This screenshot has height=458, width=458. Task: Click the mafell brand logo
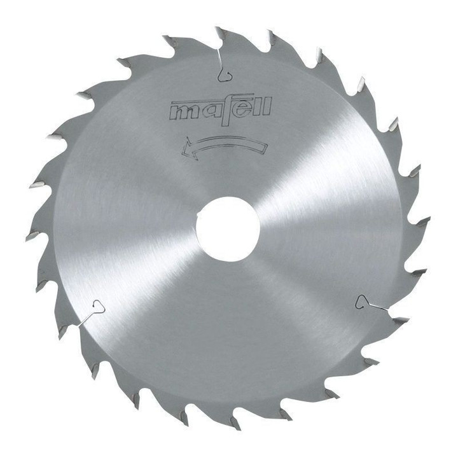[x=221, y=110]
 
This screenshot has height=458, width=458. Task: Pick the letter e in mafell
[x=245, y=109]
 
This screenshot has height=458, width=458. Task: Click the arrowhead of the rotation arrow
[x=189, y=148]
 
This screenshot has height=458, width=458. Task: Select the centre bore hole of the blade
[x=228, y=229]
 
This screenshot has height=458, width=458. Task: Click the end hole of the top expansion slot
[x=225, y=75]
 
